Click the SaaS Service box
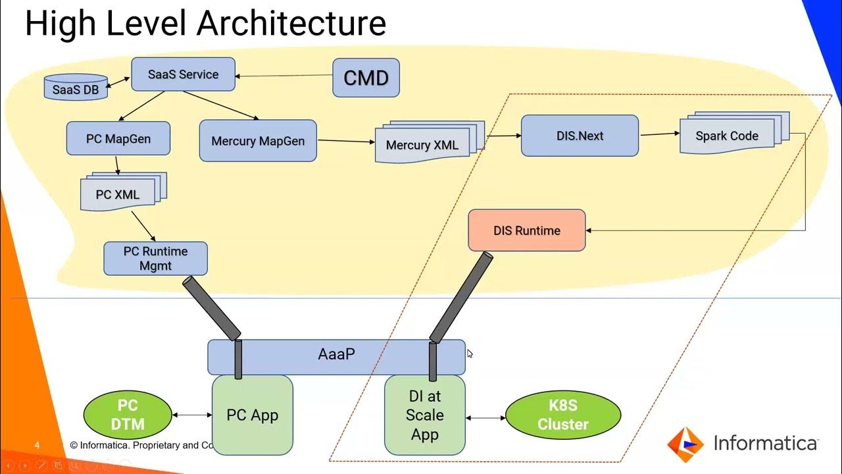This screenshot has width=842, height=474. pos(183,74)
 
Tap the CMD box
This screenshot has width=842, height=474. pos(366,78)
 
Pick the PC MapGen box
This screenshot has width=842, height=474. pos(118,139)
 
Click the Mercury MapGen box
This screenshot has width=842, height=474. pos(258,141)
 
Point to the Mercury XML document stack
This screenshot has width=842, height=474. pos(423,145)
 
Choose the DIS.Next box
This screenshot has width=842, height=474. pos(580,136)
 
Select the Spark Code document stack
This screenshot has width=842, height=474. pos(727,136)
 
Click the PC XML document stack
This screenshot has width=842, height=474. pos(118,194)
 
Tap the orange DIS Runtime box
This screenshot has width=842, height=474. pos(526,230)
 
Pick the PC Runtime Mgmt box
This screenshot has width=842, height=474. pos(155,259)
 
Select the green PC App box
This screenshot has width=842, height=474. pos(252,415)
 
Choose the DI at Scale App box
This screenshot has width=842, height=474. pos(424,415)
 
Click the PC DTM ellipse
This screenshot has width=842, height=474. pos(128,415)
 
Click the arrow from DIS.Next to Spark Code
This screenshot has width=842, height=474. pos(659,134)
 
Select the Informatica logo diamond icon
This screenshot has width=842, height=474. pos(685,444)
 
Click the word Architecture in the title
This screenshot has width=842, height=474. pos(291,24)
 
